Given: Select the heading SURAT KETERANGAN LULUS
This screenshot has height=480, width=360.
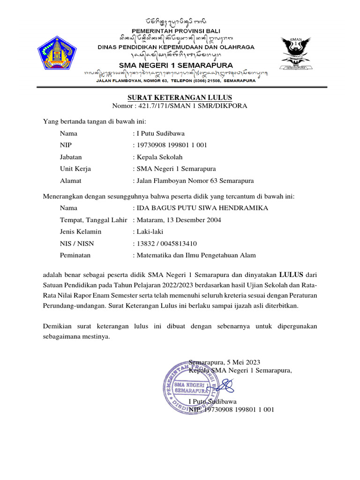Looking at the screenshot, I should (x=180, y=97).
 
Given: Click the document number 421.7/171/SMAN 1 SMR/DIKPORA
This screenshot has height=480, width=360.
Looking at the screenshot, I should (x=195, y=106).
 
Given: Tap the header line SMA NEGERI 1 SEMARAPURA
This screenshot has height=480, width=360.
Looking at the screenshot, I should (x=176, y=65).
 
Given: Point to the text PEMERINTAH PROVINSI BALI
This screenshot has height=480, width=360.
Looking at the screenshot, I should (x=176, y=30).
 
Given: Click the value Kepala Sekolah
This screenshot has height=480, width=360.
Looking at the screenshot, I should (x=159, y=157).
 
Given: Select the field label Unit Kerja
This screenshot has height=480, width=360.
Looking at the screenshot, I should (x=75, y=169).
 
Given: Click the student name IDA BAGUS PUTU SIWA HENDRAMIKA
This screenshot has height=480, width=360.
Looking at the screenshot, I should (x=202, y=208).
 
